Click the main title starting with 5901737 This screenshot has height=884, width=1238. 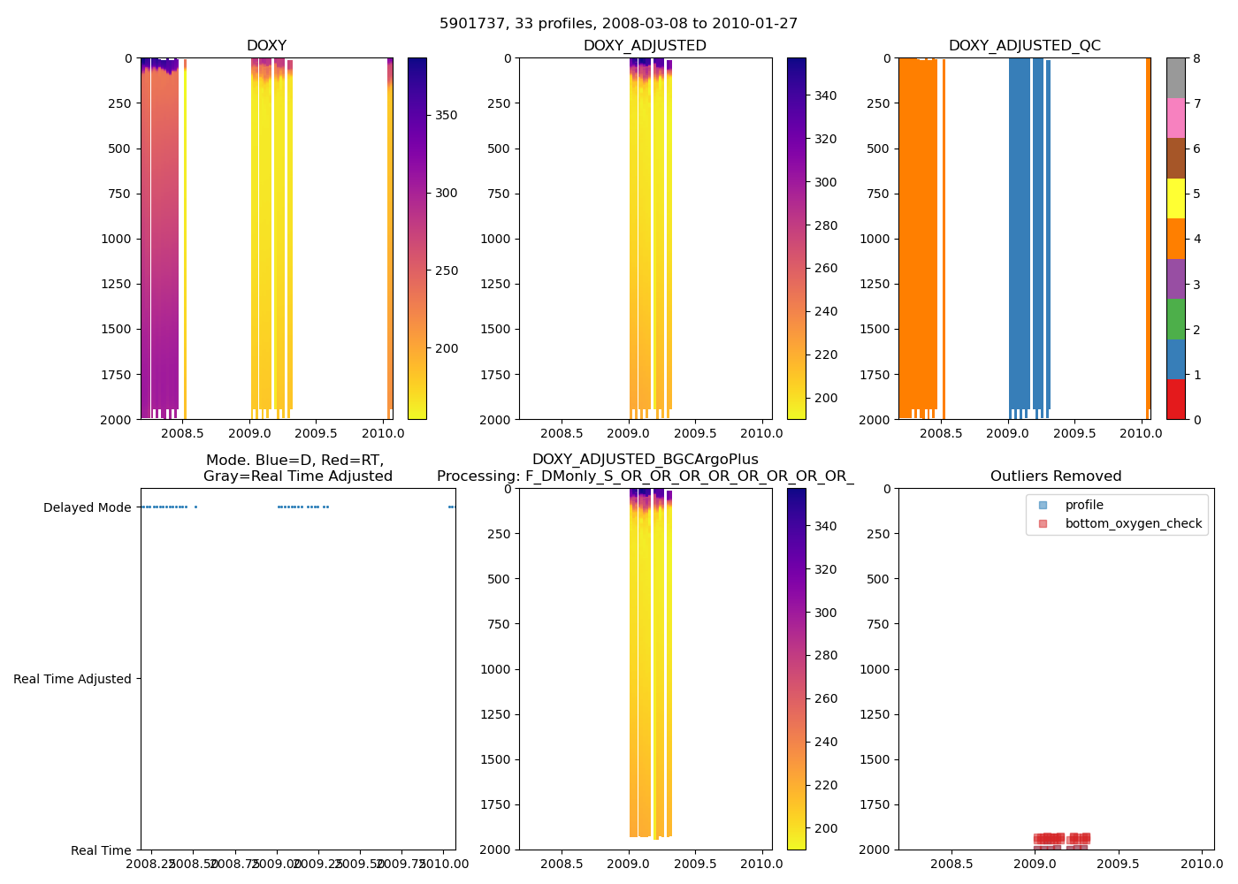(618, 24)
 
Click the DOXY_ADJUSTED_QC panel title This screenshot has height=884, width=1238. (1024, 46)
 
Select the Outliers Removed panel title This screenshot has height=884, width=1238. (1055, 476)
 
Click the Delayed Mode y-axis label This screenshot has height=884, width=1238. (87, 507)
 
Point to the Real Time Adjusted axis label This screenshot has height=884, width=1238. (73, 679)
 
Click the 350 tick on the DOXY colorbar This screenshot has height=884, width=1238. (446, 116)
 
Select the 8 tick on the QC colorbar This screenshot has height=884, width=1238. (1196, 58)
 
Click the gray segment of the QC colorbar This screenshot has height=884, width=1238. (1175, 78)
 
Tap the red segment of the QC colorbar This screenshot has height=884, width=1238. (1175, 400)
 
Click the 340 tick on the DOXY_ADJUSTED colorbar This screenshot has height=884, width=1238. (825, 95)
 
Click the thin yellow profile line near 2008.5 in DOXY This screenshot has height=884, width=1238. (185, 239)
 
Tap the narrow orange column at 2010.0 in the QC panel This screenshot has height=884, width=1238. (1148, 239)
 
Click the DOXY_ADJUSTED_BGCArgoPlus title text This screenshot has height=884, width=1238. (645, 460)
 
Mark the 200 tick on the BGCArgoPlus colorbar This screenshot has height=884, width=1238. (825, 828)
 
